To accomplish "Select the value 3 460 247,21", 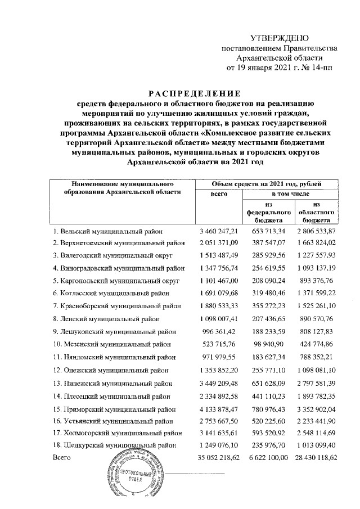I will (219, 231).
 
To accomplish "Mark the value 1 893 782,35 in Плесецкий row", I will (316, 397).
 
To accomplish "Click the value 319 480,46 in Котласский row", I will (269, 293).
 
